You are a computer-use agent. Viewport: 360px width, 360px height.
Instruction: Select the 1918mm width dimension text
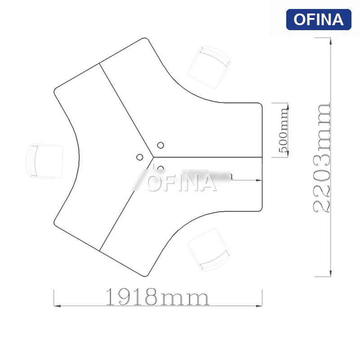[157, 297]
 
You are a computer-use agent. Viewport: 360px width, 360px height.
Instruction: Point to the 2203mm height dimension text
[321, 157]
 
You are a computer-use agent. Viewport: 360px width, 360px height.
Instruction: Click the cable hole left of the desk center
[140, 157]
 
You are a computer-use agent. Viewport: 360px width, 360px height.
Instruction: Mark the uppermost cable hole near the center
[161, 145]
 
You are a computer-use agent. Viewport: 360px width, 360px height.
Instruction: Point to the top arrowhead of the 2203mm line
[331, 41]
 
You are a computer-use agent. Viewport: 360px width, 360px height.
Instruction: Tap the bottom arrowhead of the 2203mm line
[331, 274]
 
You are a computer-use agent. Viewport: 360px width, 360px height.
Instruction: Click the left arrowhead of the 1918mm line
[56, 305]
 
